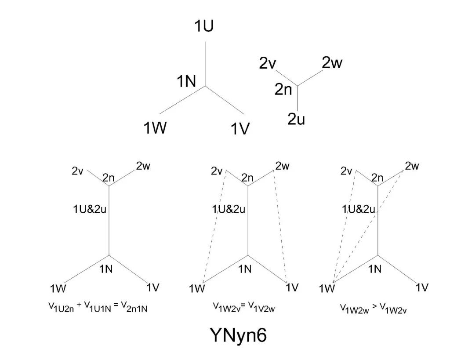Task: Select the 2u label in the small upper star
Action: pos(296,119)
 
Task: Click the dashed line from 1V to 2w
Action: pos(280,224)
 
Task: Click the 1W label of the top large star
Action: pos(155,128)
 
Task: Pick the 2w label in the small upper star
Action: pos(332,63)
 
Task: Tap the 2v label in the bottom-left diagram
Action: pos(78,171)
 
